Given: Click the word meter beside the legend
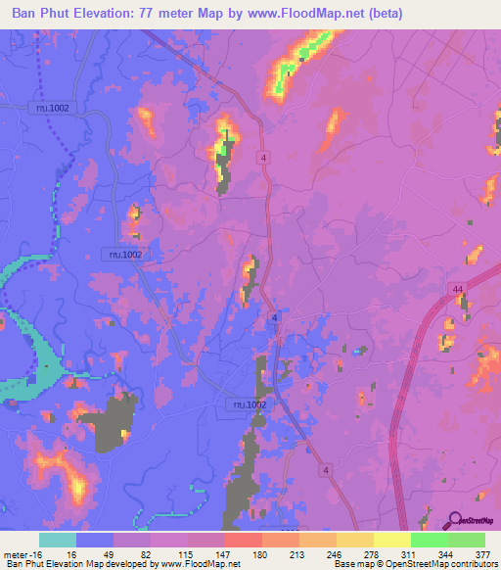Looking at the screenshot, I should (17, 553).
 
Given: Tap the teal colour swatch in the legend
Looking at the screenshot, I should (58, 540).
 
